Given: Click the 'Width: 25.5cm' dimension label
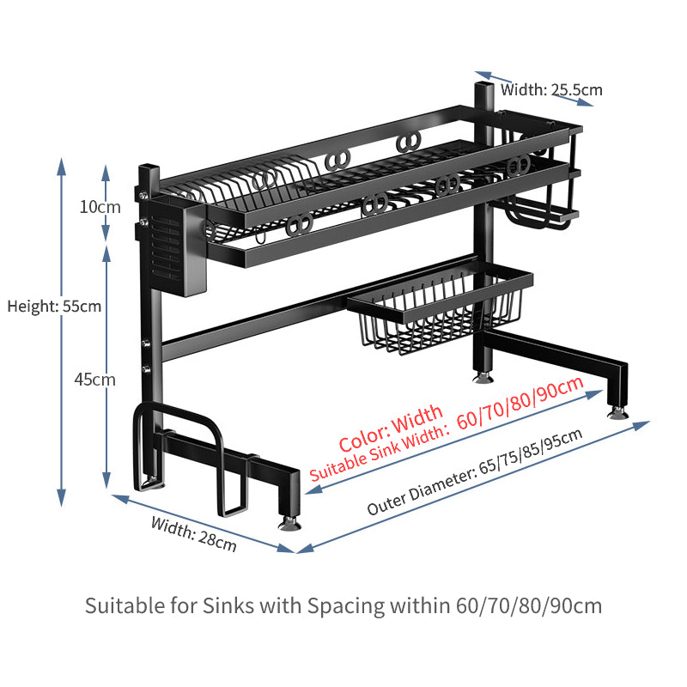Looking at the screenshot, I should [x=551, y=88].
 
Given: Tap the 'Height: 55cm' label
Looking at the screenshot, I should [x=54, y=306].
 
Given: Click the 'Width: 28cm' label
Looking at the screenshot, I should [x=193, y=533].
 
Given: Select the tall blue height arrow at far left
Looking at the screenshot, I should [x=62, y=331].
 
